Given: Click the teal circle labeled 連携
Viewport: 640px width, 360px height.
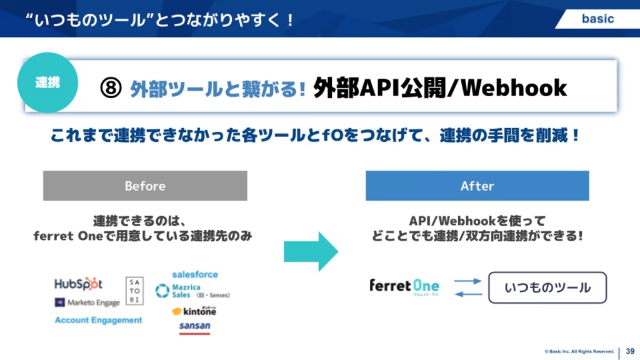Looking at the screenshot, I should click(x=47, y=82).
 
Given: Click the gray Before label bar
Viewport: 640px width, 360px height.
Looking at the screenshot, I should click(x=145, y=186).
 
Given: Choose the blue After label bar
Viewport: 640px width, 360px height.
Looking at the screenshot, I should click(x=477, y=186).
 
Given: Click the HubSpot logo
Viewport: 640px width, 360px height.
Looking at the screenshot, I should click(x=79, y=284).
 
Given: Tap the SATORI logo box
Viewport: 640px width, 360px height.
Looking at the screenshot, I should click(x=134, y=291).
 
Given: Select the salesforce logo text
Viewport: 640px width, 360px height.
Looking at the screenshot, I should click(x=194, y=274).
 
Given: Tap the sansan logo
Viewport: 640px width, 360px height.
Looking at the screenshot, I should click(x=194, y=326).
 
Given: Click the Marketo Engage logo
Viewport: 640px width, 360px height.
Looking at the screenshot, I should click(x=87, y=302).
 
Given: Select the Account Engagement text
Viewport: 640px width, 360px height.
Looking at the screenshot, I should click(x=98, y=320).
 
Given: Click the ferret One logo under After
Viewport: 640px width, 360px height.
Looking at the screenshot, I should click(x=404, y=287).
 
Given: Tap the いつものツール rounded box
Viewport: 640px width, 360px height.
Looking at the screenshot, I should click(x=547, y=287).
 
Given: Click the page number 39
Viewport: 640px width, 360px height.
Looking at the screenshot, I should click(x=630, y=351).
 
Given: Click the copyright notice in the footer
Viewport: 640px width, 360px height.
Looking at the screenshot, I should click(x=570, y=351).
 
